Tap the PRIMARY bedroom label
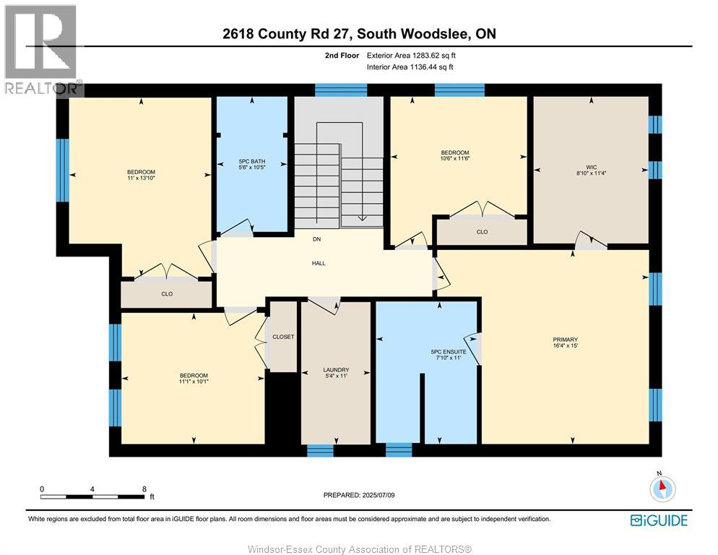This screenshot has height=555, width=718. (566, 340)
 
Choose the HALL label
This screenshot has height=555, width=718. (319, 263)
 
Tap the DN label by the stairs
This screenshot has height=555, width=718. (316, 239)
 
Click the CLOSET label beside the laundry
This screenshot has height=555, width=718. (283, 337)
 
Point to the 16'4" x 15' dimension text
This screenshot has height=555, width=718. (566, 346)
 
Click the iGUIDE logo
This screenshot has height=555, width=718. (658, 520)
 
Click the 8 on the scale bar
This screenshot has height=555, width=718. (144, 489)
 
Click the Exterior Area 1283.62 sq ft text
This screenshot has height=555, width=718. (411, 55)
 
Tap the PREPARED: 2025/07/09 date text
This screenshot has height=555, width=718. (359, 495)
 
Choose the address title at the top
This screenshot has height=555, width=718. (359, 34)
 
